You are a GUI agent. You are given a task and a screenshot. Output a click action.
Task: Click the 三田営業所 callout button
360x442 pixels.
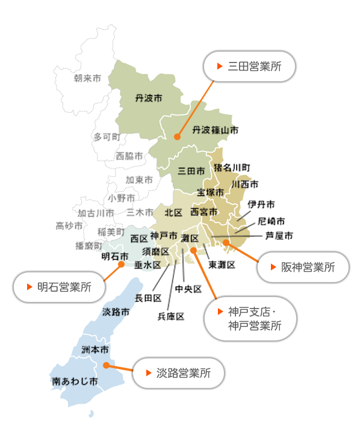[x=249, y=67]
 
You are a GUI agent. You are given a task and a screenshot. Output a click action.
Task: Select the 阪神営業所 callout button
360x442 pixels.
[x=303, y=267]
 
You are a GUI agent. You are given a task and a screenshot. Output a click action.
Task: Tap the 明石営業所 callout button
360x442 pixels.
[x=59, y=287]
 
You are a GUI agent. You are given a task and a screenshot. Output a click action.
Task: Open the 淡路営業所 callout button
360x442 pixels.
[x=179, y=373]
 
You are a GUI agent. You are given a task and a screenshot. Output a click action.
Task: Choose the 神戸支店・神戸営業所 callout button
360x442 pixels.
[x=250, y=319]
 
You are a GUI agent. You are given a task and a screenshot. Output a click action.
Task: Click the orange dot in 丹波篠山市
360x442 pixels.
[x=177, y=137]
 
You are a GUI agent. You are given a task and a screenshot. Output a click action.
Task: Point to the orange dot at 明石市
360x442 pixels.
[x=122, y=265]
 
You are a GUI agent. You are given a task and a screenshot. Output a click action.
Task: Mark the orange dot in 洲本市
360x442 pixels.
[x=106, y=366]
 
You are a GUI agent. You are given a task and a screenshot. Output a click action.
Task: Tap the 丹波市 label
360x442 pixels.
[x=149, y=99]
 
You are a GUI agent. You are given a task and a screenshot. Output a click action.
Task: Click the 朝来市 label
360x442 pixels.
[x=87, y=78]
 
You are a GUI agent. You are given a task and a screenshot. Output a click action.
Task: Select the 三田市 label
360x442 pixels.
[x=191, y=171]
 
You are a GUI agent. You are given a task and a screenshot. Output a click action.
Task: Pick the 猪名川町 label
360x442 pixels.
[x=232, y=168]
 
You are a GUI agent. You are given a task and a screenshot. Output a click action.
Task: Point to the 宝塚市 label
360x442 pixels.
[x=211, y=192]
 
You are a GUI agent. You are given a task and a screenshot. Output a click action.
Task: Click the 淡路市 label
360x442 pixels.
[x=116, y=312]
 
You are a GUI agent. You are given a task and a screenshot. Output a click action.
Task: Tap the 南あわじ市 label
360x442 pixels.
[x=75, y=381]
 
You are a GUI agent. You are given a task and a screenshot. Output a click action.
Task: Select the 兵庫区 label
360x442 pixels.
[x=171, y=316]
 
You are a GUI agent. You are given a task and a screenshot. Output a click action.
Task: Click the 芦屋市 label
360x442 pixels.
[x=279, y=236]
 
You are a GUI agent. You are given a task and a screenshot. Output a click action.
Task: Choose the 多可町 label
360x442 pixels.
[x=107, y=137]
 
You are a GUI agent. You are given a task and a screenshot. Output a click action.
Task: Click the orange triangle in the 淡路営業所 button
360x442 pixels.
[x=149, y=373]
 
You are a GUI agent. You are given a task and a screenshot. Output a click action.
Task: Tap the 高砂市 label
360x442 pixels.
[x=69, y=226]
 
